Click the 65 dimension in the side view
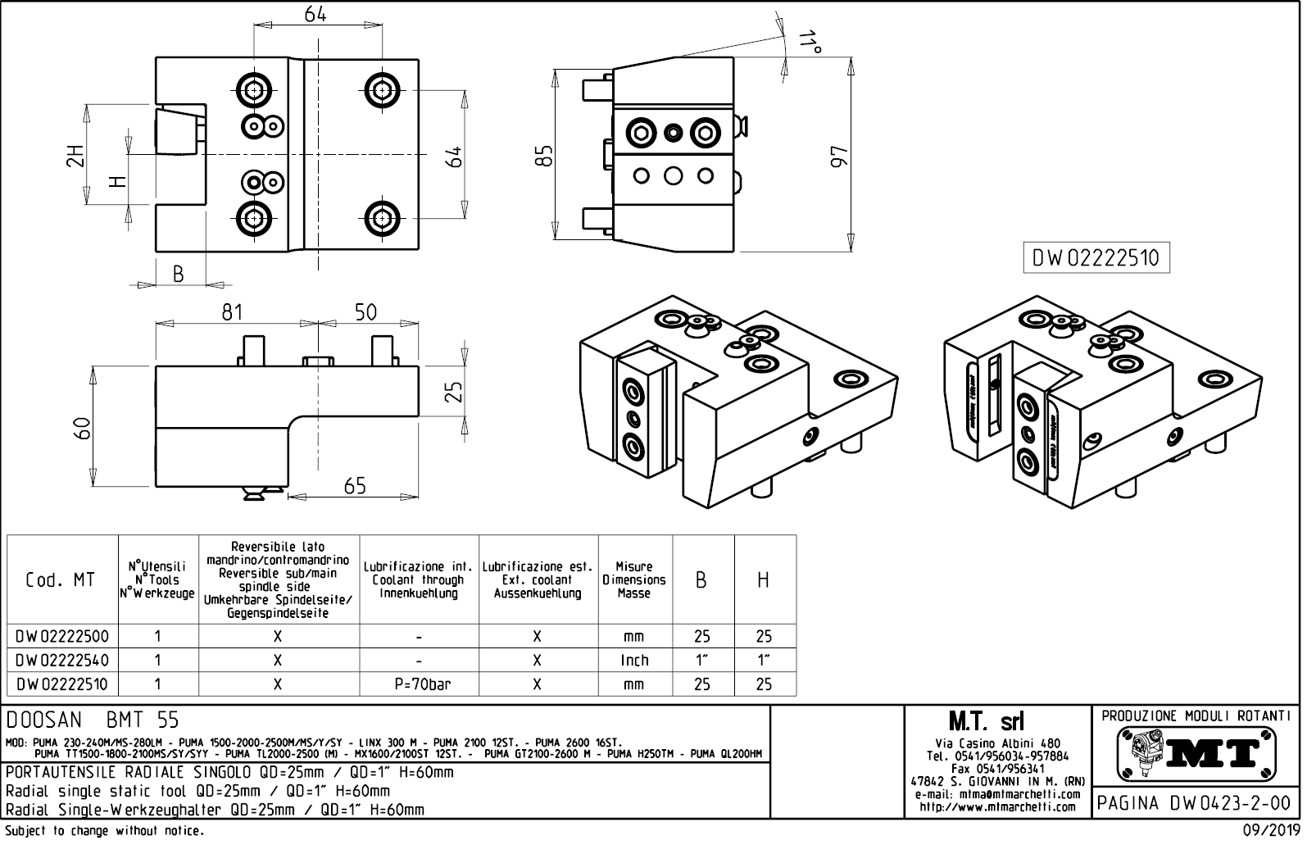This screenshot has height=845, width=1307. click(355, 486)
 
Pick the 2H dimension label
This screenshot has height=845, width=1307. click(75, 155)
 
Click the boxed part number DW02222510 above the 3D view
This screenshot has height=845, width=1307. click(1096, 258)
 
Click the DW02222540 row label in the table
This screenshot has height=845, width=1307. click(61, 660)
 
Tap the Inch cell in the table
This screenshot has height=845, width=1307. click(634, 660)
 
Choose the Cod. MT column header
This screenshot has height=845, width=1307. click(61, 580)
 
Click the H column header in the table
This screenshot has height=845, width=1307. click(764, 580)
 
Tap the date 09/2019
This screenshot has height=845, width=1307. click(1272, 831)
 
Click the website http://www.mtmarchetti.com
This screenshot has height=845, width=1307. click(997, 807)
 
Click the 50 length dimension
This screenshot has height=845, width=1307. click(365, 312)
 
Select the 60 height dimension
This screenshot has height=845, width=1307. click(82, 427)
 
